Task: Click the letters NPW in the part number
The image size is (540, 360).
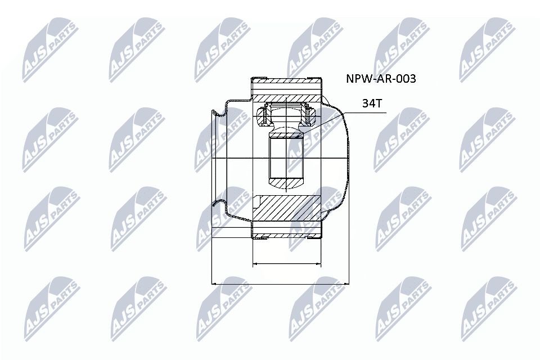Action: pos(357,79)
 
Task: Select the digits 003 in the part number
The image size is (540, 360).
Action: pos(406,79)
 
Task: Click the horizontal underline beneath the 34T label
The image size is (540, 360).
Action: pos(366,112)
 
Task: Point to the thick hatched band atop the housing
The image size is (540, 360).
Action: pos(286,89)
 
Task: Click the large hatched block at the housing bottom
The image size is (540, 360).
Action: pos(286,208)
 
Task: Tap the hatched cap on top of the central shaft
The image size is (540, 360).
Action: pos(286,133)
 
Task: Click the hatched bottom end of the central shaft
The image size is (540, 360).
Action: pos(286,183)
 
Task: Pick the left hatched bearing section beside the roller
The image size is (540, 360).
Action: pos(262,116)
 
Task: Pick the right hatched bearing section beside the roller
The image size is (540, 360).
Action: pos(310,116)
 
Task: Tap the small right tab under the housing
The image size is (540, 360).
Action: pos(310,238)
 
